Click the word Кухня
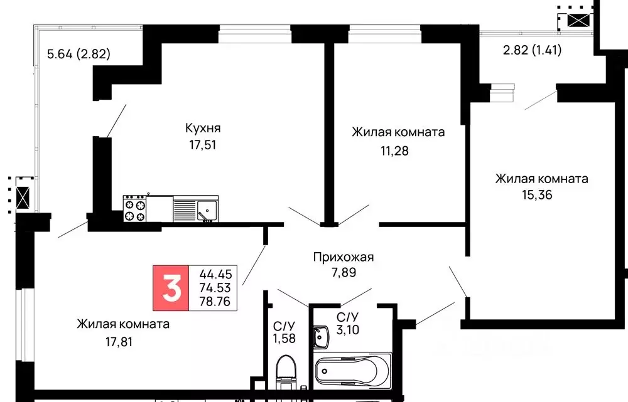click(203, 128)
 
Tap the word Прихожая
click(344, 257)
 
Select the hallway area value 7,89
click(343, 273)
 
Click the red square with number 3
click(171, 288)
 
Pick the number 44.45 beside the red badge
click(214, 274)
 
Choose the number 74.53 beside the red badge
click(214, 288)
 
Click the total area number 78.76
click(214, 302)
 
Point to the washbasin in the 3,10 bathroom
click(322, 336)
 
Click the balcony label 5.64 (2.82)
click(79, 54)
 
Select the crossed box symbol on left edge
click(23, 198)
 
